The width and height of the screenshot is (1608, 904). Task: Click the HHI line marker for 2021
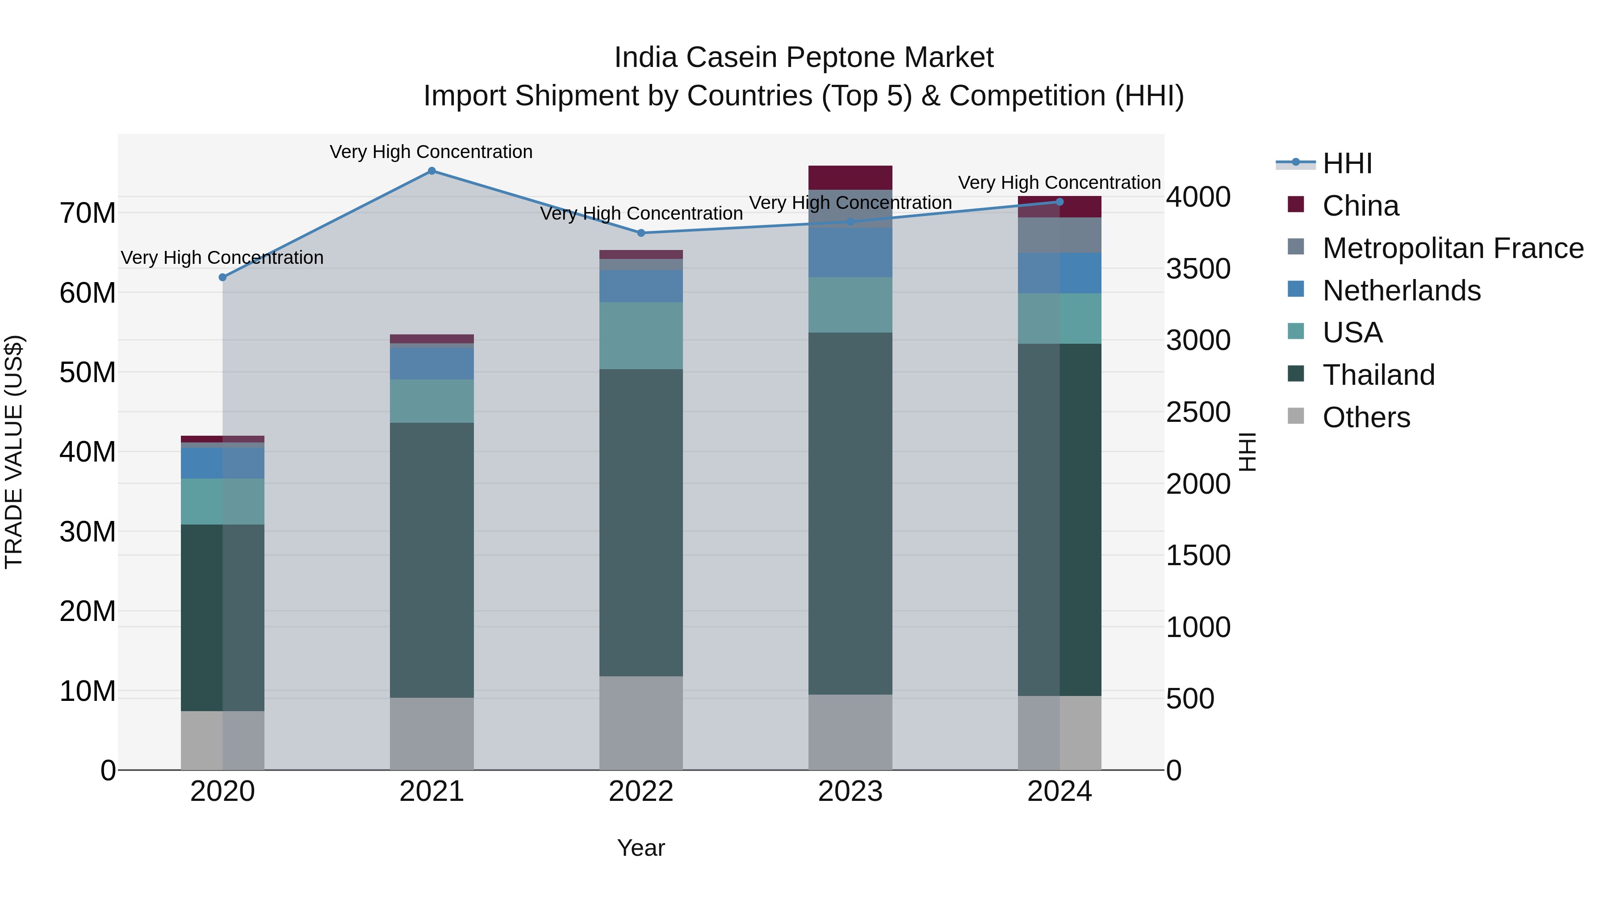coord(431,171)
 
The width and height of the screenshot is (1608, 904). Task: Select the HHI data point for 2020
coord(223,277)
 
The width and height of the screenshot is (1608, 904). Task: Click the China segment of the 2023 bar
coord(850,178)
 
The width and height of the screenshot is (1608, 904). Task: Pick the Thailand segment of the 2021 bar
coord(431,560)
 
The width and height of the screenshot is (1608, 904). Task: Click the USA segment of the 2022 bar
coord(641,336)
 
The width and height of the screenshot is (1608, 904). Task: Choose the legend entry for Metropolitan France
coord(1453,248)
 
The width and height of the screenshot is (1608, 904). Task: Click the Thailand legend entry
coord(1378,375)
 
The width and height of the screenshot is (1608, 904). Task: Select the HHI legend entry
coord(1347,163)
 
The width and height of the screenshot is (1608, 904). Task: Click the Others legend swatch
coord(1296,416)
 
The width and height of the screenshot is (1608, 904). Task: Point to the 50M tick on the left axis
coord(88,372)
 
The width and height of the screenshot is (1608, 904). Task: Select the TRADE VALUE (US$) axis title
coord(14,452)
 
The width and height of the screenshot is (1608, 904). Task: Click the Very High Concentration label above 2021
coord(431,152)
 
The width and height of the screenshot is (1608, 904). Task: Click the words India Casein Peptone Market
coord(804,58)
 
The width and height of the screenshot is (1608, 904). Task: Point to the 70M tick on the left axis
coord(88,213)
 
